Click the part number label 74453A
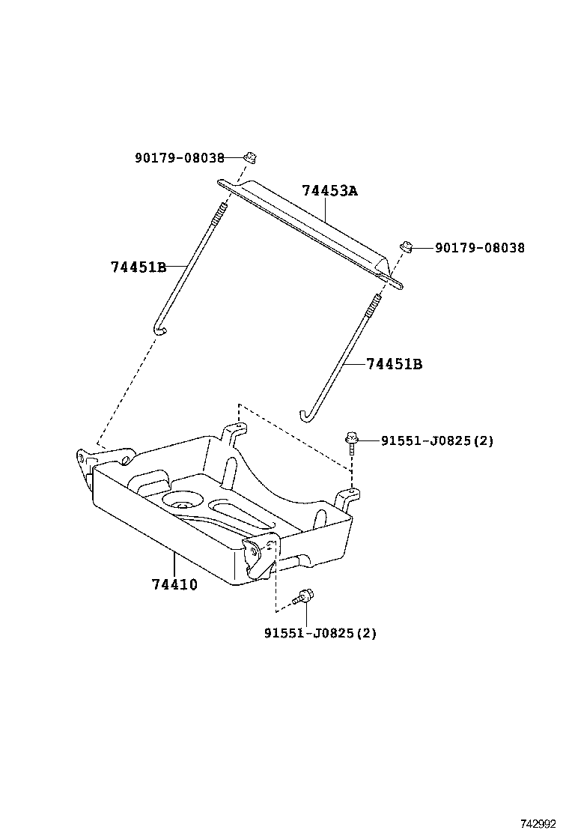pos(330,191)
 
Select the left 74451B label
pos(139,267)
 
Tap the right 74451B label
pos(395,364)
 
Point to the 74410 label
pos(174,584)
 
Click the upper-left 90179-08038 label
pos(180,158)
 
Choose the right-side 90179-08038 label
pos(480,248)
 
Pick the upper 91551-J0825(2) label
pos(437,441)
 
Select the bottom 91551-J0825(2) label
pos(320,633)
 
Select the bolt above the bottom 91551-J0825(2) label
pos(304,597)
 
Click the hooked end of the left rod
pos(159,327)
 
